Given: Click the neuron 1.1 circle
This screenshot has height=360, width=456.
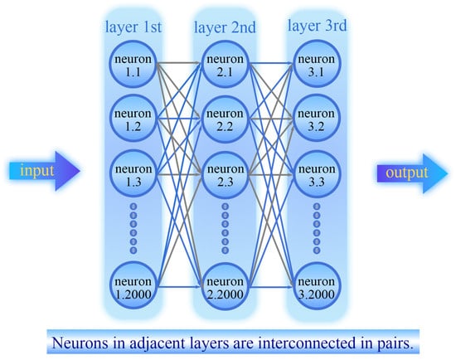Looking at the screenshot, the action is pos(133,65).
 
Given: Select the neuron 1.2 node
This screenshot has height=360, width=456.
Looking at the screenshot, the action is pos(133,119).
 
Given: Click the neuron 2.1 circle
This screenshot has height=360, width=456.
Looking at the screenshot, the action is pos(225,65).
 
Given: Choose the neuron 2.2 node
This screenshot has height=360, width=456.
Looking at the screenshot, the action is pos(225,119).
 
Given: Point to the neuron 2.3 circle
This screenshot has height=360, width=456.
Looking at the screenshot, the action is pos(225,174).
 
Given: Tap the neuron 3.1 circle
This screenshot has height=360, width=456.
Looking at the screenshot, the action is pos(317,65).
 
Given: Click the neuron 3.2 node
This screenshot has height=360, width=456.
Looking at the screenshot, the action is pos(317,119).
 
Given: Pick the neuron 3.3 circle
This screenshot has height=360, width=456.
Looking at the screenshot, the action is pos(317,174).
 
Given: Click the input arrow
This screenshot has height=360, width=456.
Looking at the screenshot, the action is pos(44,171).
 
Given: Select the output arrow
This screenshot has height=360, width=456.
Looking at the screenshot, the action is pos(412,173).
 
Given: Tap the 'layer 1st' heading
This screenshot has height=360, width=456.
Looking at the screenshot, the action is pos(133,27).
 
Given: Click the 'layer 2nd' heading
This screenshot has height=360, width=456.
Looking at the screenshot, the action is pos(225,27).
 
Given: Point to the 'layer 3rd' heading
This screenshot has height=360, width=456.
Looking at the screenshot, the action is pos(318,26).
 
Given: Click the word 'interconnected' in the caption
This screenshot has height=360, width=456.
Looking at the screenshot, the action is pos(307,343).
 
